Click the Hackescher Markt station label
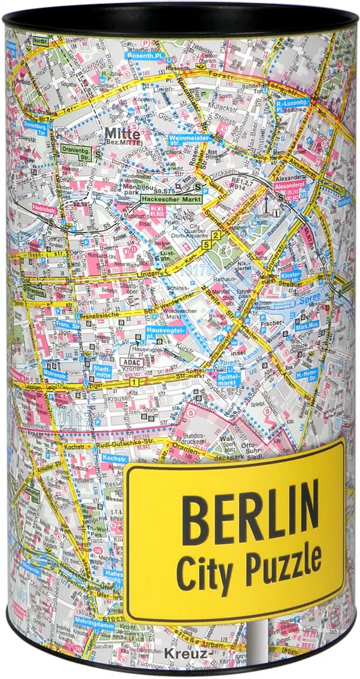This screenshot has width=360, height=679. coord(166,200)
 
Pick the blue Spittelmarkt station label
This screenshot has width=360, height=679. coord(228,379)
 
